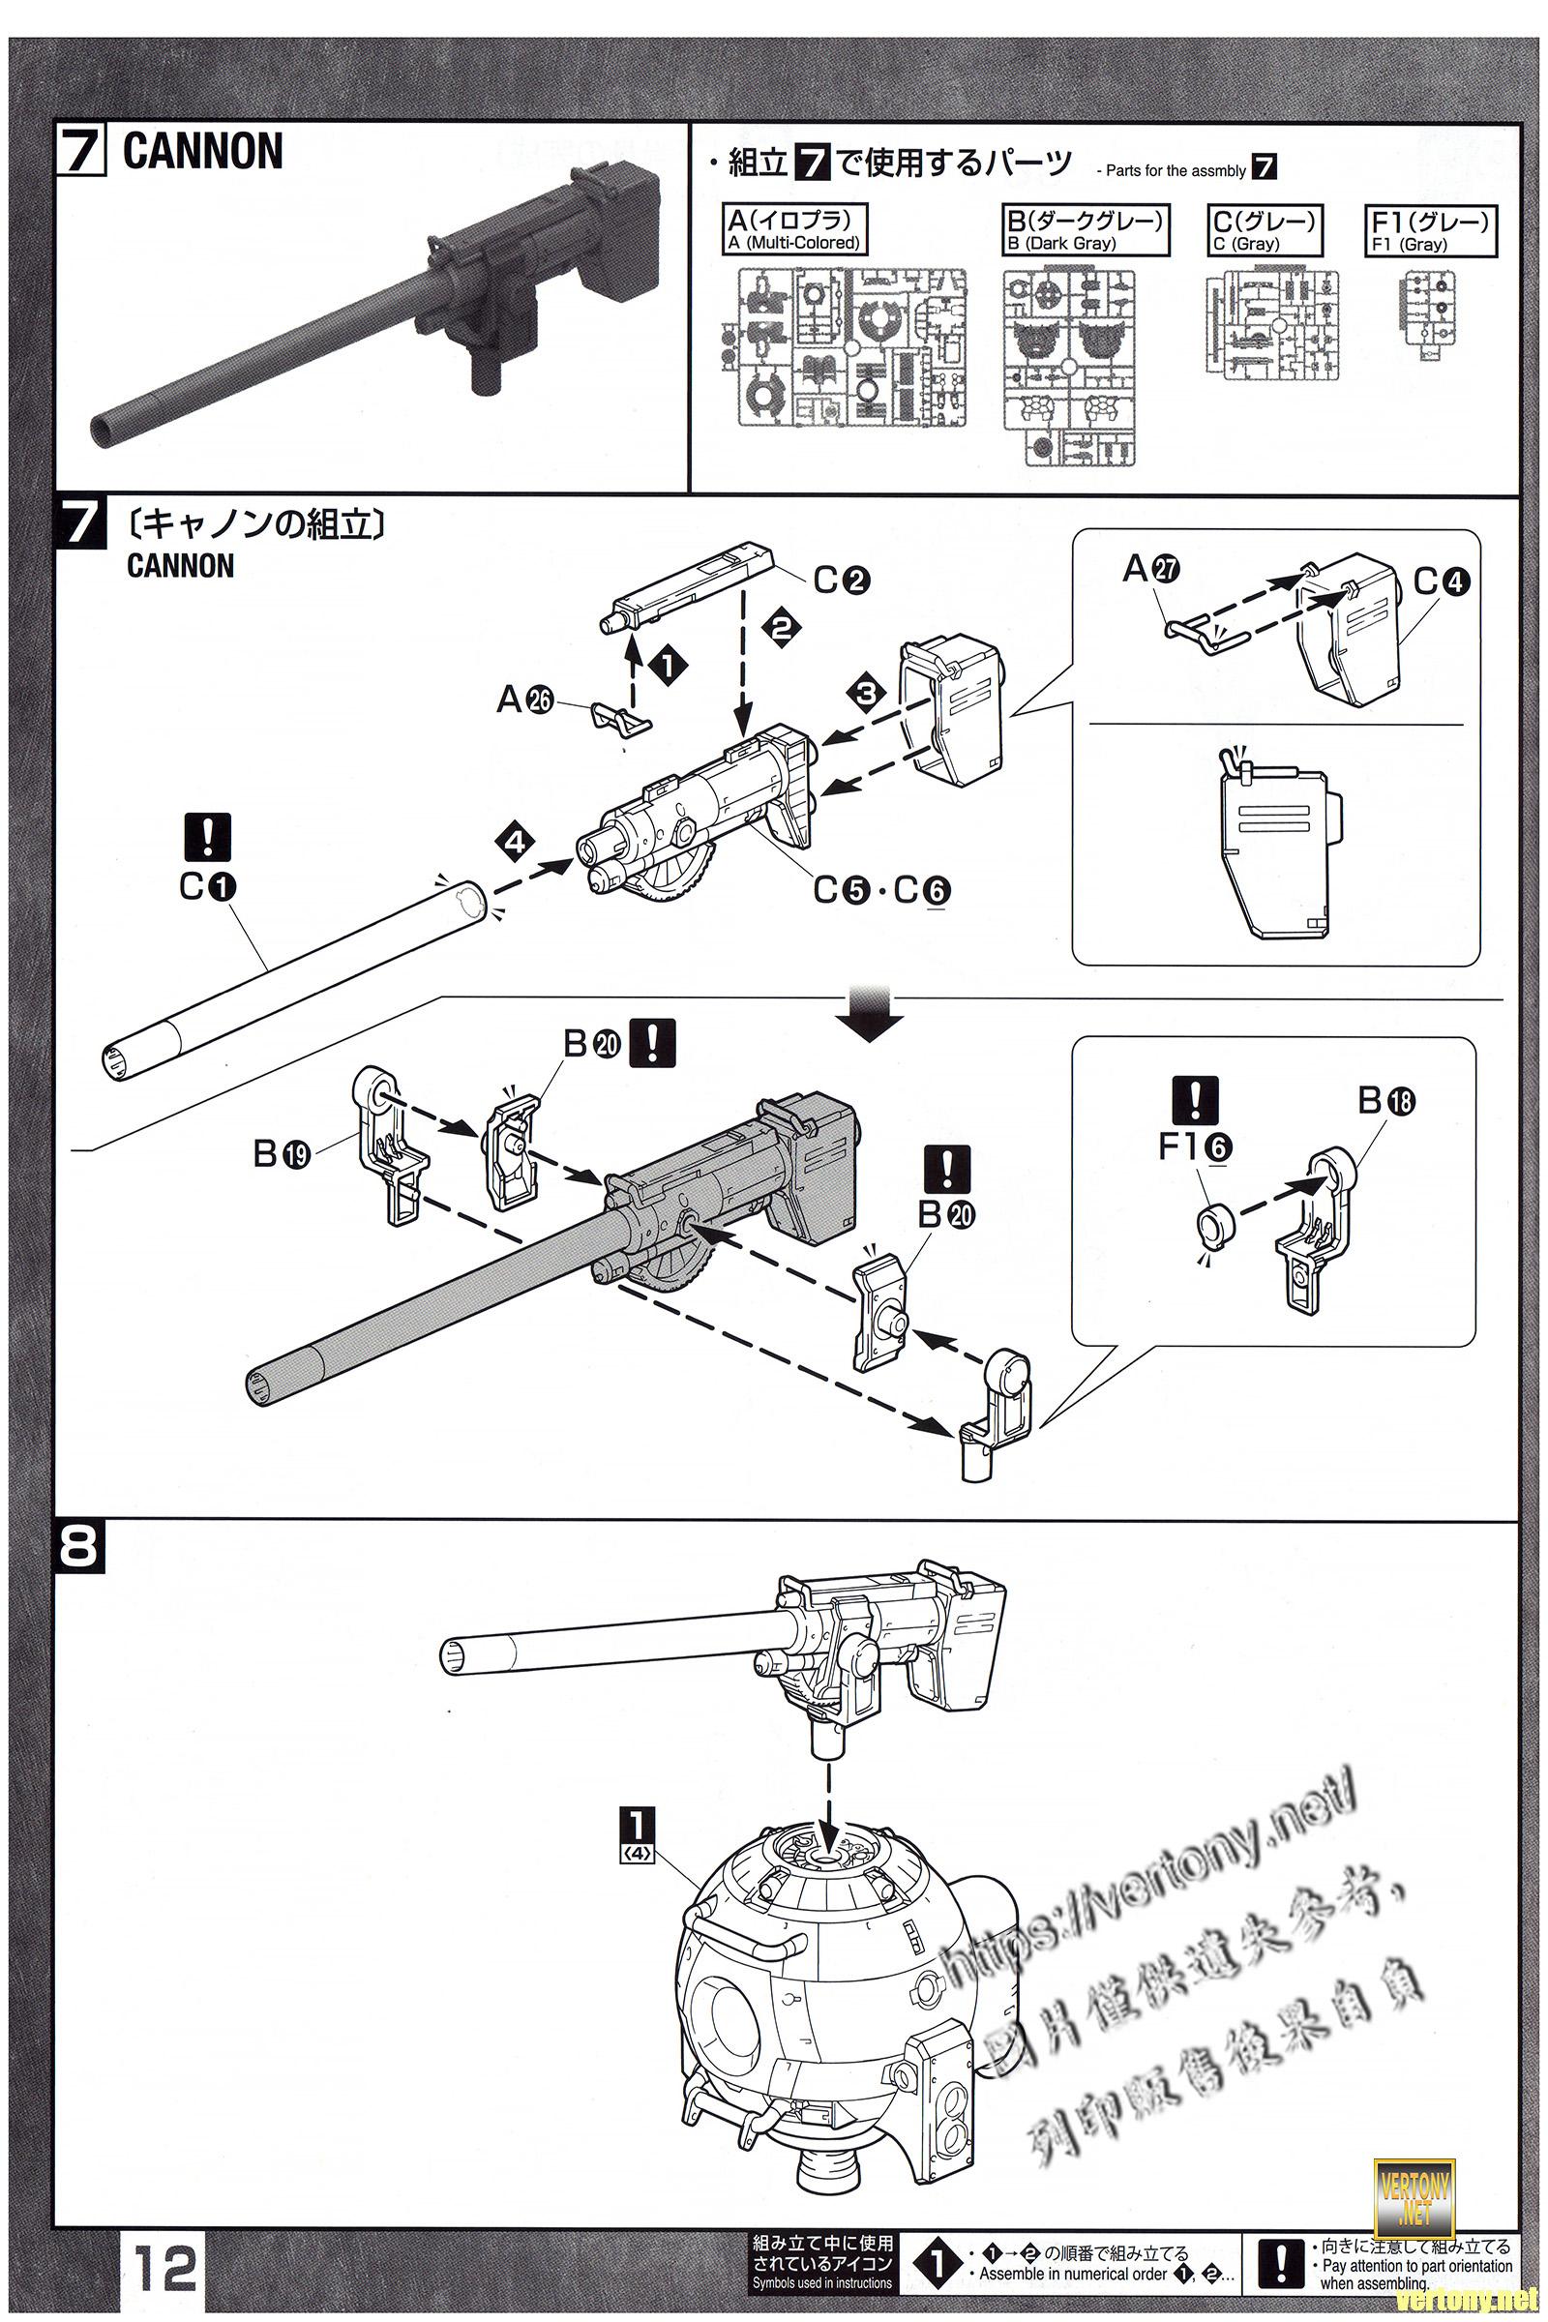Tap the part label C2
pyautogui.click(x=841, y=580)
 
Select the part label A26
pyautogui.click(x=524, y=700)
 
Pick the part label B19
pyautogui.click(x=282, y=1152)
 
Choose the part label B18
pyautogui.click(x=1386, y=1100)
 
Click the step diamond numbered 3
pyautogui.click(x=866, y=693)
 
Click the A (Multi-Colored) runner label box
pyautogui.click(x=794, y=230)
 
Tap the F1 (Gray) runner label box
pyautogui.click(x=1429, y=231)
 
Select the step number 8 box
pyautogui.click(x=79, y=1548)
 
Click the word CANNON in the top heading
pyautogui.click(x=202, y=153)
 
